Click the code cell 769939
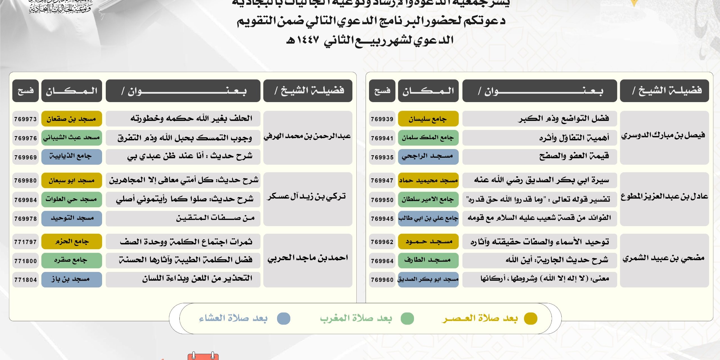tap(382, 119)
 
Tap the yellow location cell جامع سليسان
tap(428, 119)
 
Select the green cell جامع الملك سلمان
tap(428, 138)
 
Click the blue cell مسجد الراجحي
tap(428, 157)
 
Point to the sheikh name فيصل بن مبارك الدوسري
tap(664, 136)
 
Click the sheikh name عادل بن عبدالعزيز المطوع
tap(664, 196)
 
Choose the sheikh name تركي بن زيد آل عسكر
tap(307, 196)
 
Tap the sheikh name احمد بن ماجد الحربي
tap(308, 258)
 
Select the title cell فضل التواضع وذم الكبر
tap(539, 119)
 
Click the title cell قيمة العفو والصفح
tap(539, 156)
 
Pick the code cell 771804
tap(26, 280)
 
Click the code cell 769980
tap(26, 181)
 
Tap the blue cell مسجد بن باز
tap(71, 280)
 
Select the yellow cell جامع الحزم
tap(71, 242)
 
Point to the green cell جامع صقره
tap(71, 260)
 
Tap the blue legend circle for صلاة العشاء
tap(283, 318)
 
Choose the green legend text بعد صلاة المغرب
tap(356, 318)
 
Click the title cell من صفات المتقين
tap(183, 218)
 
